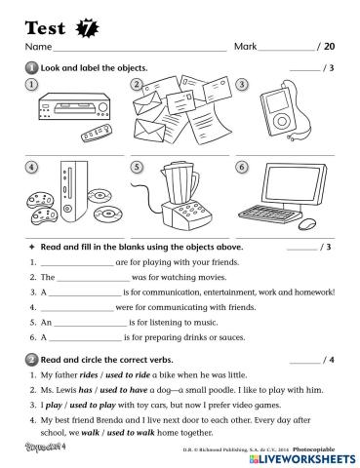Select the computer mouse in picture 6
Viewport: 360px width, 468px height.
tap(311, 223)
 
